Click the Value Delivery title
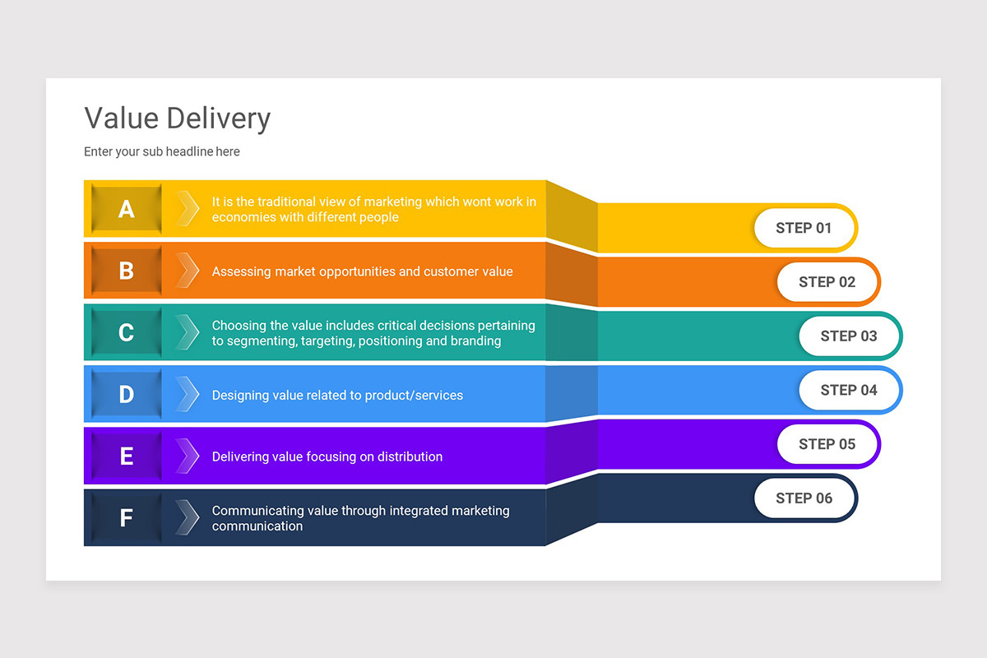[x=177, y=118]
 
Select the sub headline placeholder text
[x=162, y=151]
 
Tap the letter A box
[x=126, y=209]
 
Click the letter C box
[x=126, y=332]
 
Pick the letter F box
[x=126, y=518]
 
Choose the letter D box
[x=126, y=395]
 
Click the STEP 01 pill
[x=804, y=228]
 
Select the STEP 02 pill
[x=827, y=282]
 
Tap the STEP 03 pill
[x=849, y=336]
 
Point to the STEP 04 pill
[x=849, y=390]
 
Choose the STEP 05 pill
[x=827, y=444]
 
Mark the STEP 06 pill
[x=804, y=498]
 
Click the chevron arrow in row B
[x=188, y=271]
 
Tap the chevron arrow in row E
[x=188, y=456]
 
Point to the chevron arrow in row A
[x=188, y=208]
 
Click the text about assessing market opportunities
[x=362, y=271]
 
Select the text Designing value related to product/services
[x=337, y=396]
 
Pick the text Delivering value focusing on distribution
[x=327, y=456]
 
